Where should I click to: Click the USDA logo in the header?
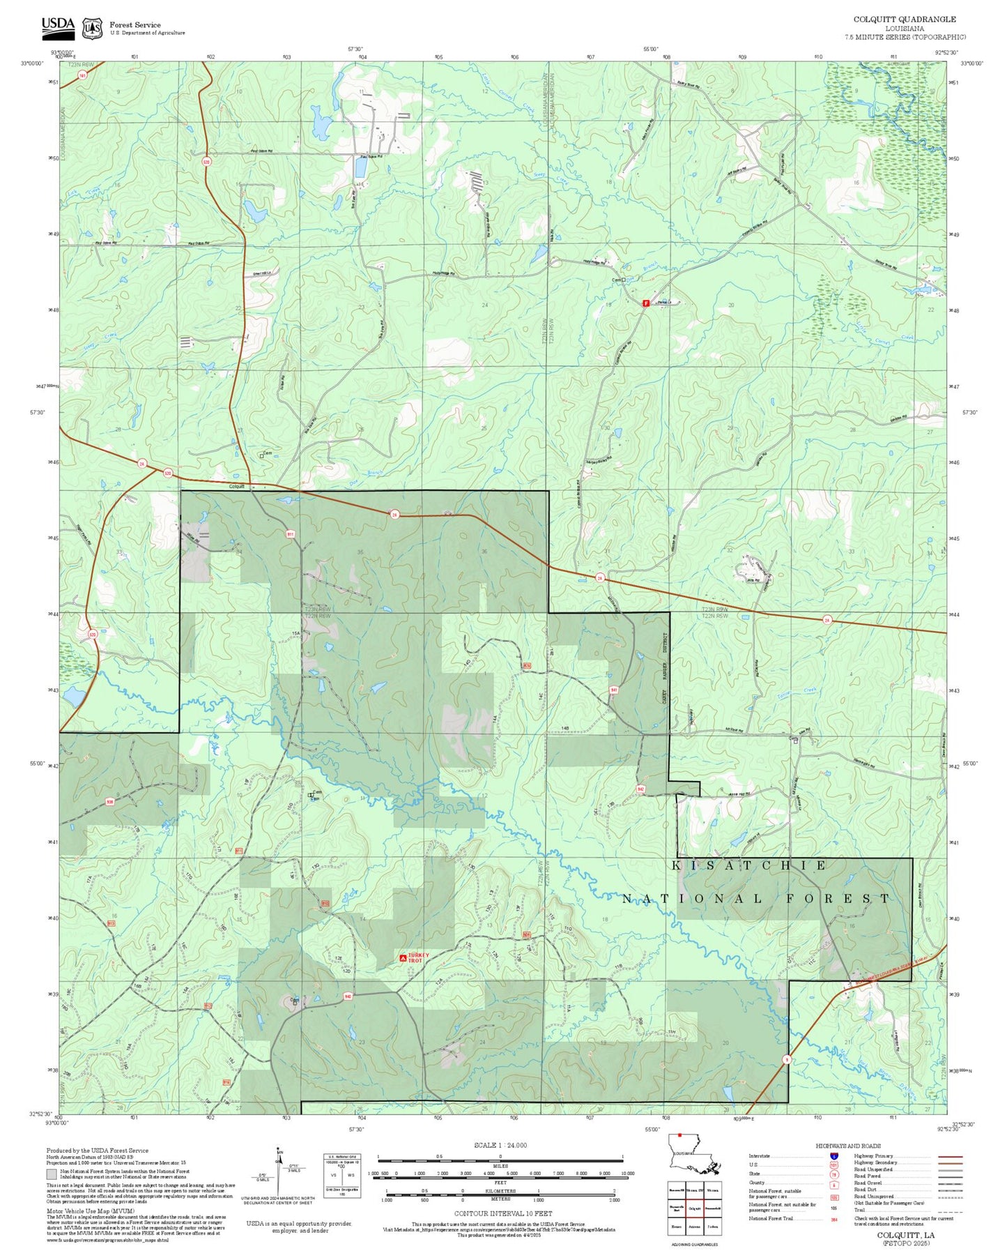58,27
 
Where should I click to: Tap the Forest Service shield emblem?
92,29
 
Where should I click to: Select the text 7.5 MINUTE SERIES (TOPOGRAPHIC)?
905,37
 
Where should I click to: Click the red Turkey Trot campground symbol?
403,959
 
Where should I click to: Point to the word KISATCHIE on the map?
749,865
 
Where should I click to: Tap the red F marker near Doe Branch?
645,303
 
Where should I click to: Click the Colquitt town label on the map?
237,486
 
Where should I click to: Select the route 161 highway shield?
82,75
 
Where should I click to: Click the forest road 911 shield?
290,534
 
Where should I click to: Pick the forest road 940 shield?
347,996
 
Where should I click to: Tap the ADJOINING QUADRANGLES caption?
693,1244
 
